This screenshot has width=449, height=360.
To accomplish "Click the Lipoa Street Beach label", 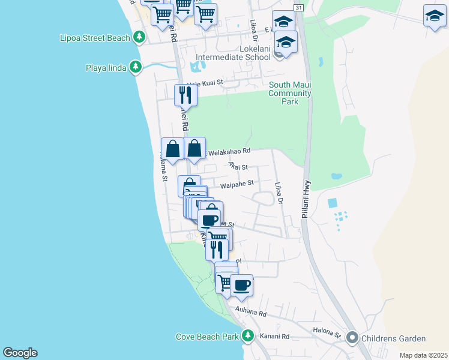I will click(x=95, y=38).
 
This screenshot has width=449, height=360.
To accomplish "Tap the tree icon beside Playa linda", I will click(x=137, y=67).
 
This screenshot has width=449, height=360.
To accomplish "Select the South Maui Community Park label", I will click(x=290, y=93).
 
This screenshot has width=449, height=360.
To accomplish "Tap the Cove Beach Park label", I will click(x=208, y=337).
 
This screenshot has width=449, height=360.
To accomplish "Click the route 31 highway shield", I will click(x=299, y=7).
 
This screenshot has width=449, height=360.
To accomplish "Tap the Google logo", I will click(x=20, y=353).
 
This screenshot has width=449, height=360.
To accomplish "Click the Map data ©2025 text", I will click(x=423, y=355).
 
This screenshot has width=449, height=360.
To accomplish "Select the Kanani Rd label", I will click(x=275, y=337).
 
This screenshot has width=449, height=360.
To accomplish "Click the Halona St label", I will click(x=327, y=331).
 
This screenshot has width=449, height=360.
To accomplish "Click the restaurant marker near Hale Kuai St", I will click(x=185, y=95).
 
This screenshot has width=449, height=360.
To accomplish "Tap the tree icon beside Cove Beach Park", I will click(x=247, y=336).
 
